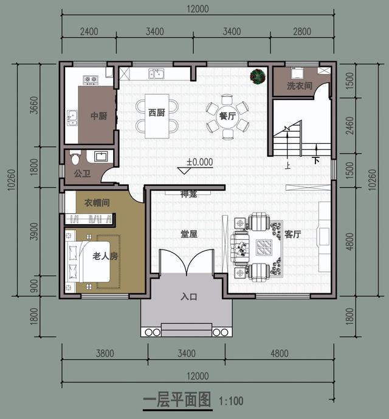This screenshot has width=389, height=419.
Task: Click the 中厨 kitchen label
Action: coord(98,116)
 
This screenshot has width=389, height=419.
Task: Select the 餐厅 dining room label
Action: coord(227,116)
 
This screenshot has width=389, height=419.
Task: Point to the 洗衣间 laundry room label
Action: coord(300,86)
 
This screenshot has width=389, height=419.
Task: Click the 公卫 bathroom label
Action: coord(82,173)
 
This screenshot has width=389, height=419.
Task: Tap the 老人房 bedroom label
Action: coord(105,256)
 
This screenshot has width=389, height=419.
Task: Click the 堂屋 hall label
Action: coord(188,234)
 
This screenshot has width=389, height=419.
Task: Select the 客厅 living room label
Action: coord(292,234)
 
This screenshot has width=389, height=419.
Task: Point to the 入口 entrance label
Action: coord(189,297)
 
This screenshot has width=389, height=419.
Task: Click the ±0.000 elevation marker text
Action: coord(199,162)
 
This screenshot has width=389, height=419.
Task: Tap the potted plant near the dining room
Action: coord(258,77)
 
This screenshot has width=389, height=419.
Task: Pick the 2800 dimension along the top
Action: coord(301,32)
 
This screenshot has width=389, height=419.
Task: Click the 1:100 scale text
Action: coord(230,401)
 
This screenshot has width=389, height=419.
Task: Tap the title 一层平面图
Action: coord(177,401)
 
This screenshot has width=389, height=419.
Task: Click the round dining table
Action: coord(227,117)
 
